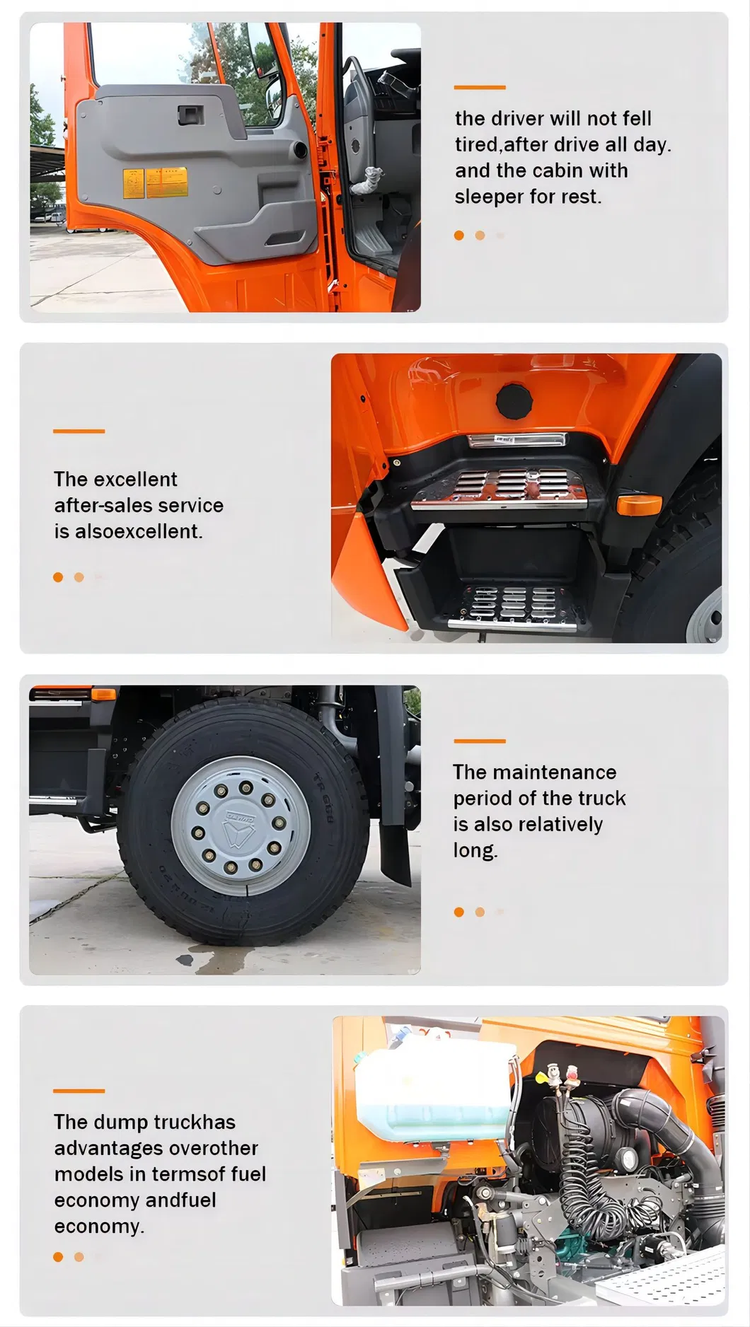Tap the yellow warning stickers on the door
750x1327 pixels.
pos(156,182)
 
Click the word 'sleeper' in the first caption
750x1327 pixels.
pos(489,197)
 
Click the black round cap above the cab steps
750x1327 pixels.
pos(514,401)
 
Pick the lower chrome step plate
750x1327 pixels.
pos(511,607)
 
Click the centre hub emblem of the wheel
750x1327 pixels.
pos(240,825)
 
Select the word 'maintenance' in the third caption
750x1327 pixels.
pos(555,772)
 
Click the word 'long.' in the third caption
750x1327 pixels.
pos(475,850)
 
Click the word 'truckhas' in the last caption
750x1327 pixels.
pos(195,1122)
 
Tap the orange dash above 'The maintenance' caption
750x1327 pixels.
pos(480,741)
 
